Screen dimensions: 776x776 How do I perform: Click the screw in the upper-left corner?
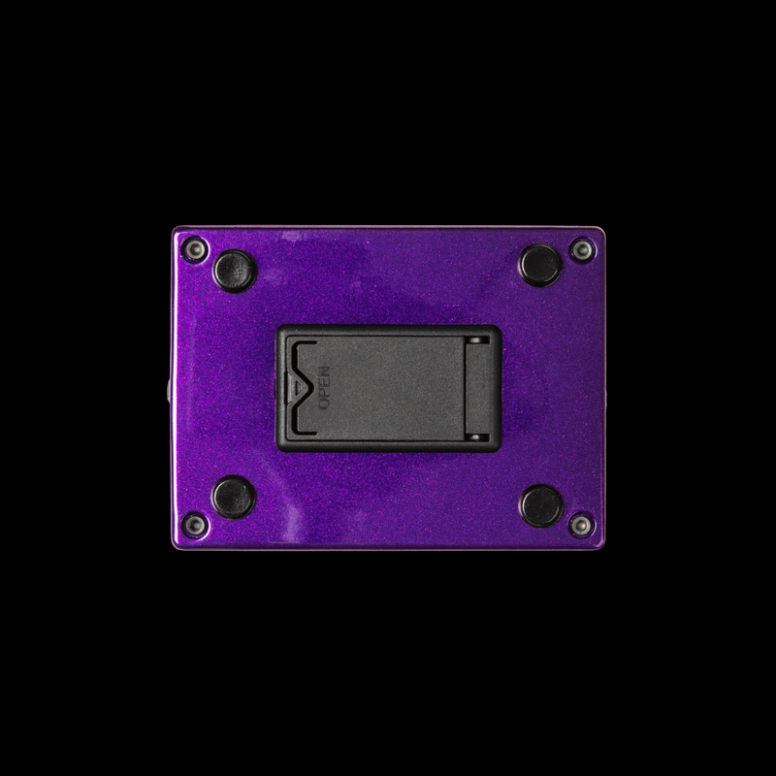coord(195,249)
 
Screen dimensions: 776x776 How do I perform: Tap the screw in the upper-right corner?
coord(583,249)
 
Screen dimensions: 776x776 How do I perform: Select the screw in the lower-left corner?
coord(195,525)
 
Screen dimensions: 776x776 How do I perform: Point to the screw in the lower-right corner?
coord(581,525)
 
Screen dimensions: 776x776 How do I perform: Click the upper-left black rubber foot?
coord(235,272)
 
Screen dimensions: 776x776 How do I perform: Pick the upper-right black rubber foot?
coord(540,265)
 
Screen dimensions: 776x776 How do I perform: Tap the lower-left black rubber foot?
coord(234,497)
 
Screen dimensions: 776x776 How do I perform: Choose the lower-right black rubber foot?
coord(541,505)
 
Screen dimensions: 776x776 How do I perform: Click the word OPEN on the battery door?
coord(324,387)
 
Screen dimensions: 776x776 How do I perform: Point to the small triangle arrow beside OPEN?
coord(296,387)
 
